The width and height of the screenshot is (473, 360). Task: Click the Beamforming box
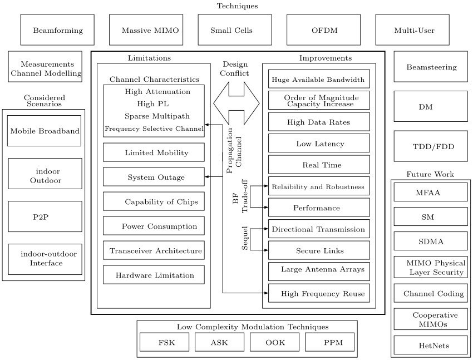57,30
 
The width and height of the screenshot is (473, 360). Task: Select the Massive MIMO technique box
146,30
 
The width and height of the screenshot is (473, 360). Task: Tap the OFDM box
323,30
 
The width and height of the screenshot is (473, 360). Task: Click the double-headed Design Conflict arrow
237,103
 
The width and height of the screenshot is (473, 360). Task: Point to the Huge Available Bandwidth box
319,79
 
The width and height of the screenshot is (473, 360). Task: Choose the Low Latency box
319,143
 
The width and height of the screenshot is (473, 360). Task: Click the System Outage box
154,177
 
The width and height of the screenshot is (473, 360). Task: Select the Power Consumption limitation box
154,226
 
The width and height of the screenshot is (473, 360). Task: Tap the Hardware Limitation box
154,275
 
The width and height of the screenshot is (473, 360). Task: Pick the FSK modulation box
164,342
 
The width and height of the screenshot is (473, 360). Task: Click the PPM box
330,342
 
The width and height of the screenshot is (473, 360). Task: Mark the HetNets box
431,345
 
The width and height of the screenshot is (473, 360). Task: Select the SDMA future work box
431,241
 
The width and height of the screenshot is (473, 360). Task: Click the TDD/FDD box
431,146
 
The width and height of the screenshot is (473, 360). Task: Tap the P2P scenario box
45,216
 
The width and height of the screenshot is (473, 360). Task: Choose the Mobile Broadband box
45,131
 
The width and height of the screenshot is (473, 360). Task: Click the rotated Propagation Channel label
234,150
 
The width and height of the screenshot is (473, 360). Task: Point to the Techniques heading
238,6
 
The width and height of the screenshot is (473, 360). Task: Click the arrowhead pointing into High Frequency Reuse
266,293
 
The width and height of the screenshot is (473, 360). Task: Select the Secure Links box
319,250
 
